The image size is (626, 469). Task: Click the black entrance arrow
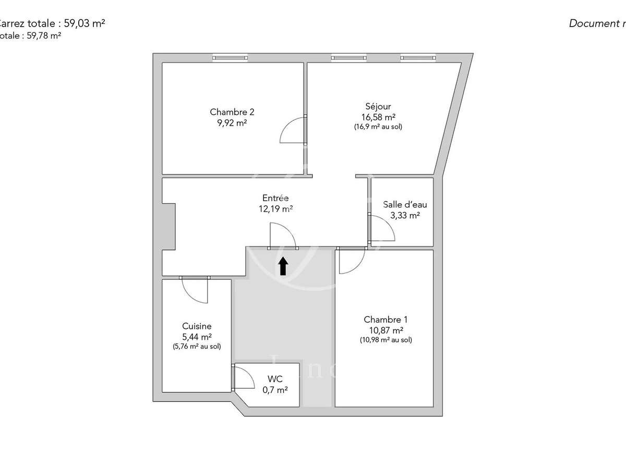pos(283,266)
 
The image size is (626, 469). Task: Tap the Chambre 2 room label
pos(232,112)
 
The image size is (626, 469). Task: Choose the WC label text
pos(275,378)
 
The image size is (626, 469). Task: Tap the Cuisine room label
pos(197,326)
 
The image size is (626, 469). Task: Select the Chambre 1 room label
pos(386,319)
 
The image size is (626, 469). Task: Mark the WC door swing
pos(242,377)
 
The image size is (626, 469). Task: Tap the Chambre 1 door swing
pos(351,261)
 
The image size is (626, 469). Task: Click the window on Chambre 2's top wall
pos(230,57)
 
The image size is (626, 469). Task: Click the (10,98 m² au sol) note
pos(386,340)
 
